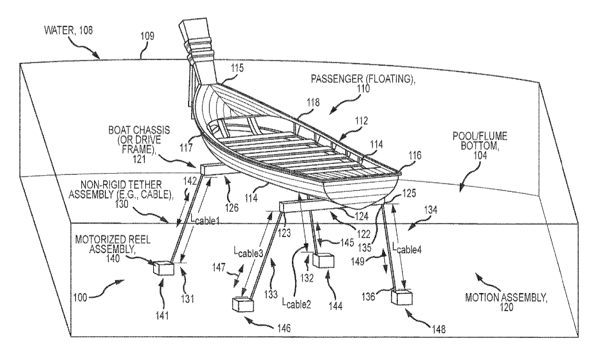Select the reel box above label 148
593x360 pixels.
point(401,297)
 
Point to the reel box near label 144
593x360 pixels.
point(323,260)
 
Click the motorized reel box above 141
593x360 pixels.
point(164,267)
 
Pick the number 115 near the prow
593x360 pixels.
point(237,68)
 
